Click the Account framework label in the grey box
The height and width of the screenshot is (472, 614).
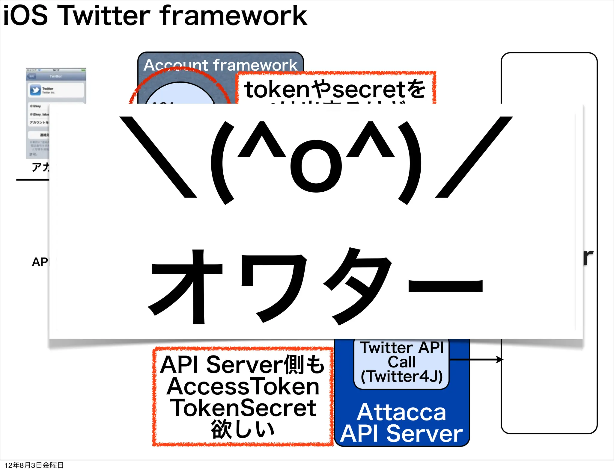coord(220,65)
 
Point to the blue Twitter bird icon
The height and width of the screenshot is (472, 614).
coord(35,90)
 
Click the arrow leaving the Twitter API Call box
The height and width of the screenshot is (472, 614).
coord(477,359)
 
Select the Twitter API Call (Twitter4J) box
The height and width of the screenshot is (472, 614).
coord(401,362)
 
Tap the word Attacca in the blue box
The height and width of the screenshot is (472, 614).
coord(401,412)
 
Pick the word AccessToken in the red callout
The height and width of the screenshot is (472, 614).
coord(243,387)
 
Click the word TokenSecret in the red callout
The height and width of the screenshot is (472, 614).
coord(243,408)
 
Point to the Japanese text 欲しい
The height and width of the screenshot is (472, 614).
coord(243,429)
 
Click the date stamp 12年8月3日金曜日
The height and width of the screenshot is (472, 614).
coord(34,465)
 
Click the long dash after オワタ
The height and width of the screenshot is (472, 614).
coord(446,286)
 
